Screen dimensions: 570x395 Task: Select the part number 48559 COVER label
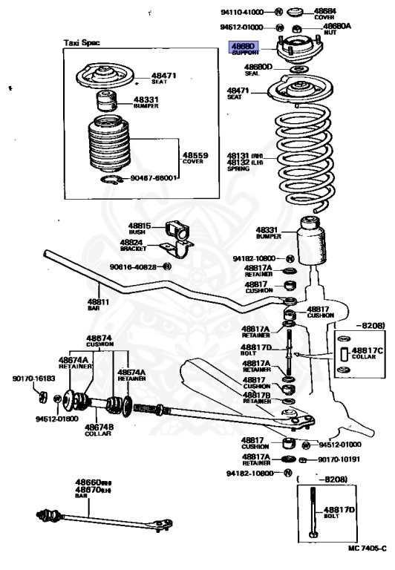tap(197, 157)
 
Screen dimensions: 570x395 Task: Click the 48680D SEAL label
tap(259, 71)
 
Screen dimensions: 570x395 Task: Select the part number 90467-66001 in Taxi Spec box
tap(153, 178)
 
